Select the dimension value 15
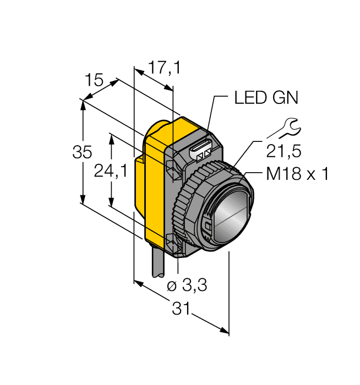point(94,81)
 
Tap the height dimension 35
point(82,152)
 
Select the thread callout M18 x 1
point(297,174)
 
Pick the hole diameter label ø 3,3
point(187,286)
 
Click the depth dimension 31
point(182,310)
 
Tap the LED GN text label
point(266,98)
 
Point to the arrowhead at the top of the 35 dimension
point(83,104)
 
